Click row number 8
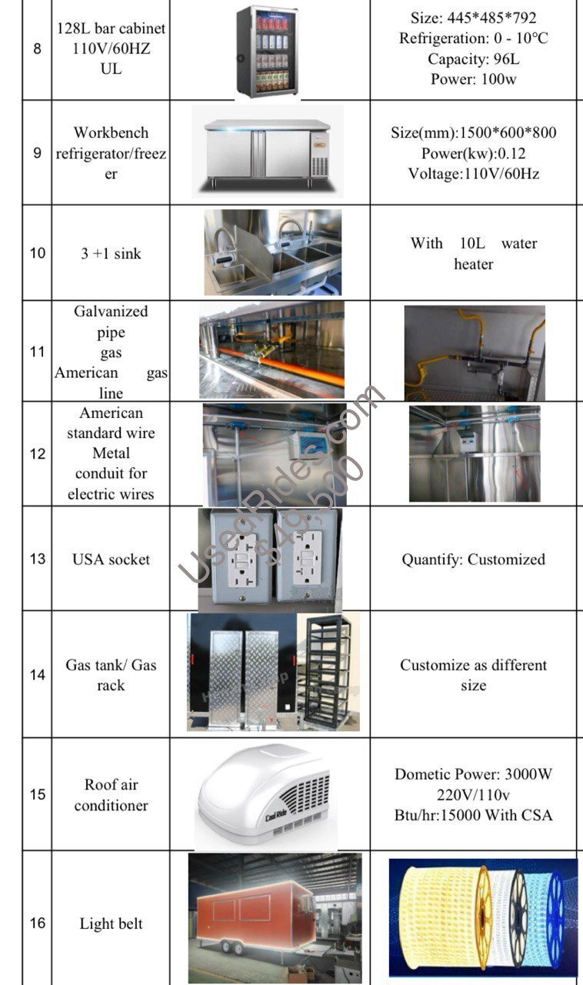[x=37, y=48]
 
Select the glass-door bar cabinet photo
[x=266, y=52]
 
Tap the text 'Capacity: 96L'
[x=473, y=58]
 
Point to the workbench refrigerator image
[x=266, y=152]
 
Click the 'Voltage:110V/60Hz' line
[x=473, y=173]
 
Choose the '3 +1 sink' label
[x=111, y=253]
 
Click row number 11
[x=37, y=352]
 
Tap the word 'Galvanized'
[x=111, y=312]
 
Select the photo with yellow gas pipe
[x=474, y=351]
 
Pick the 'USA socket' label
[x=111, y=559]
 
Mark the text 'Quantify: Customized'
[x=473, y=559]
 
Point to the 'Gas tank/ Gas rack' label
[x=111, y=674]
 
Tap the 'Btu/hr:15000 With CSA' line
[x=473, y=815]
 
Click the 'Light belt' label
[x=111, y=923]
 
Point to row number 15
[x=37, y=794]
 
